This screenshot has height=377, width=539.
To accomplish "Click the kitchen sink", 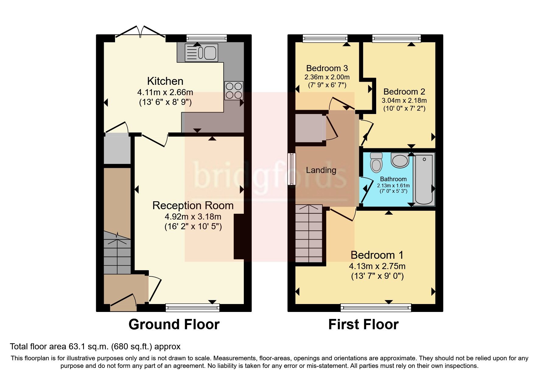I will (201, 53).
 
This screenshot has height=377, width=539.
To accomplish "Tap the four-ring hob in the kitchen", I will (234, 91).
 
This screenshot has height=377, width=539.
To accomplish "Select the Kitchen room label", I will (165, 81).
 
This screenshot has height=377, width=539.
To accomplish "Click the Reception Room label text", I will (193, 206).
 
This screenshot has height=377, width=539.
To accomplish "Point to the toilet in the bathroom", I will (376, 162).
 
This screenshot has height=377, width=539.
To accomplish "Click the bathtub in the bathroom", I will (424, 179).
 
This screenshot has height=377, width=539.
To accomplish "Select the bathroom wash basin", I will (400, 160).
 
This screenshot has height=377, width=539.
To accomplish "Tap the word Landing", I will (321, 170).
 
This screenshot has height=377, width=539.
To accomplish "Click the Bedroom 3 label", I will (327, 68).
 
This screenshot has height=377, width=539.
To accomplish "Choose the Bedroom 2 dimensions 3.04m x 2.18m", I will (404, 100).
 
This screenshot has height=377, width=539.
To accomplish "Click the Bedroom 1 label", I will (377, 255).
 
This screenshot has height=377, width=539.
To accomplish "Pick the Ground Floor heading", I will (174, 324).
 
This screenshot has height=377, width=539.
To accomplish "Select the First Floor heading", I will (363, 324).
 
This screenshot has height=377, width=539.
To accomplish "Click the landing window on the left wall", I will (292, 169).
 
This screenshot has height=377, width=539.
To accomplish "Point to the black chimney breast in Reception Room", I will (239, 237).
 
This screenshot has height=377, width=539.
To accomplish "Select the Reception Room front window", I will (192, 308).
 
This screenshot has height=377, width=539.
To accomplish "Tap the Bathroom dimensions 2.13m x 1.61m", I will (393, 185).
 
